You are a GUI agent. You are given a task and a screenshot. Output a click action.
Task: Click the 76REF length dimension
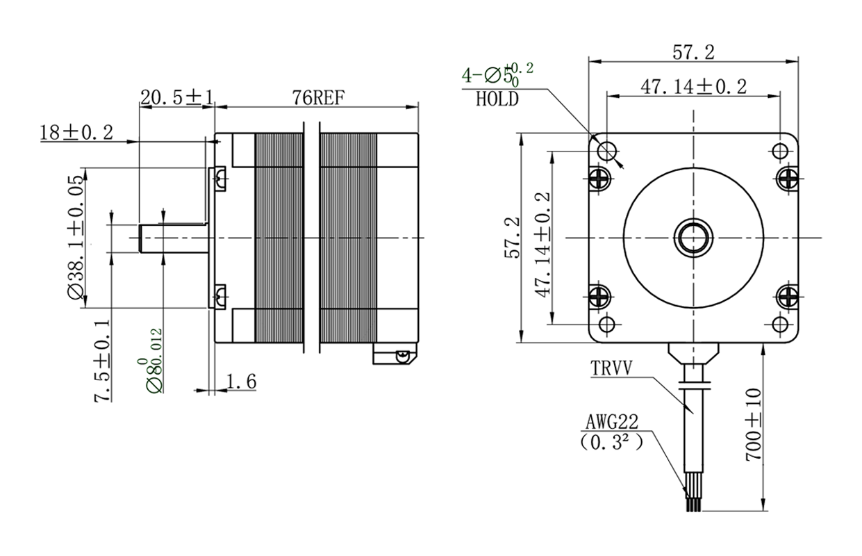point(318,97)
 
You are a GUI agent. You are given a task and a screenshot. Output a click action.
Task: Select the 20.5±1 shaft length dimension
point(176,97)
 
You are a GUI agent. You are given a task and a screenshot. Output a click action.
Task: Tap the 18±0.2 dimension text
point(76,133)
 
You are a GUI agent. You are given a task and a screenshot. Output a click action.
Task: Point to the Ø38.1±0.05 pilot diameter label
point(76,237)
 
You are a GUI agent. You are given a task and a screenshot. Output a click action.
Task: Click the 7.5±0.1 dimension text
point(102,361)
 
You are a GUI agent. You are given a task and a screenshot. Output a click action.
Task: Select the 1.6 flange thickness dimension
point(241,382)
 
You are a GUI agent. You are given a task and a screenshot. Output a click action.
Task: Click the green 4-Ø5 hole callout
point(497,74)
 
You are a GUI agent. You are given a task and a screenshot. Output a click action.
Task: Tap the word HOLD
point(497,99)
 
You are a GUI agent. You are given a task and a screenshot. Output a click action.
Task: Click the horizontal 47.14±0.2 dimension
point(693,87)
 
